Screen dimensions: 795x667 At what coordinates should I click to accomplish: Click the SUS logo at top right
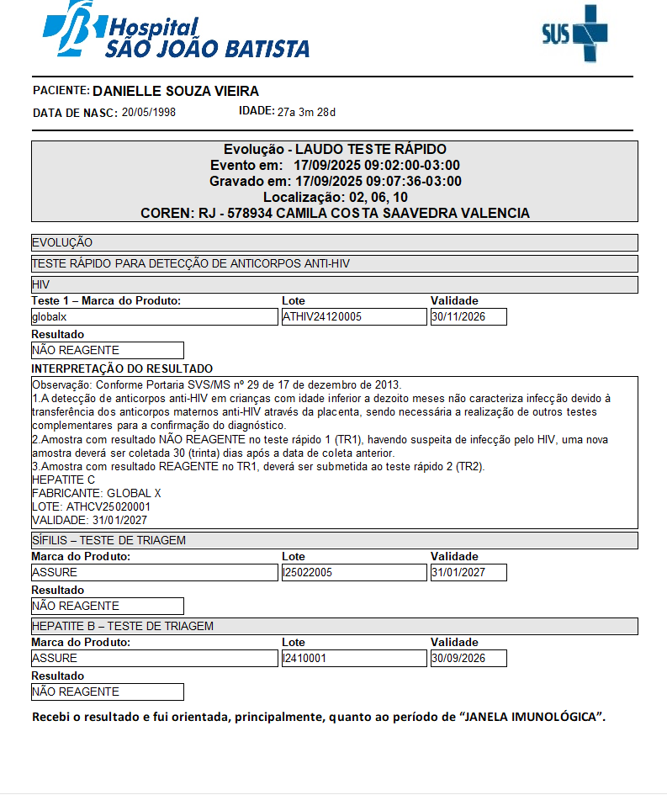(574, 33)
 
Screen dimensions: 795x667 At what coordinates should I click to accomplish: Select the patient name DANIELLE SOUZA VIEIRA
(176, 91)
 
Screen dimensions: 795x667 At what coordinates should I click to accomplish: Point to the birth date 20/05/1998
(149, 112)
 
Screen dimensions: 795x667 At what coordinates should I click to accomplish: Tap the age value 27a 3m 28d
(306, 112)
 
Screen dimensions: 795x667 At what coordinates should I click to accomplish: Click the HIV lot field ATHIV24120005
(354, 317)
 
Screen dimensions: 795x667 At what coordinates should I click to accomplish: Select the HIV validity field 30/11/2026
(468, 317)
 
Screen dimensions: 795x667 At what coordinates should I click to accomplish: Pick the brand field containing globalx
(154, 317)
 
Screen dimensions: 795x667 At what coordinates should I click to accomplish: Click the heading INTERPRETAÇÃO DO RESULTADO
(122, 368)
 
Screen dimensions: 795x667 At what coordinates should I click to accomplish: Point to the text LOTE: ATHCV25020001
(91, 507)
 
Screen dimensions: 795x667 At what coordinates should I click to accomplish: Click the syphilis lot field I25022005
(354, 573)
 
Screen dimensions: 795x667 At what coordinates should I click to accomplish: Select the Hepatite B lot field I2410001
(354, 659)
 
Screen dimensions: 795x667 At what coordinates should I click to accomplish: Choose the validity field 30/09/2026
(468, 659)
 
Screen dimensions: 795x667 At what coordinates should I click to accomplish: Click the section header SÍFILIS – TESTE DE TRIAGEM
(109, 540)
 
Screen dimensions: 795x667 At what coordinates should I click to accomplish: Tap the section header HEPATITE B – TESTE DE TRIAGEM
(122, 626)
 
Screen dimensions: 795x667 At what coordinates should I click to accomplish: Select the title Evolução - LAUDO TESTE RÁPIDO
(335, 149)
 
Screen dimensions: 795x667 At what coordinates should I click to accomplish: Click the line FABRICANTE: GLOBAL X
(96, 494)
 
